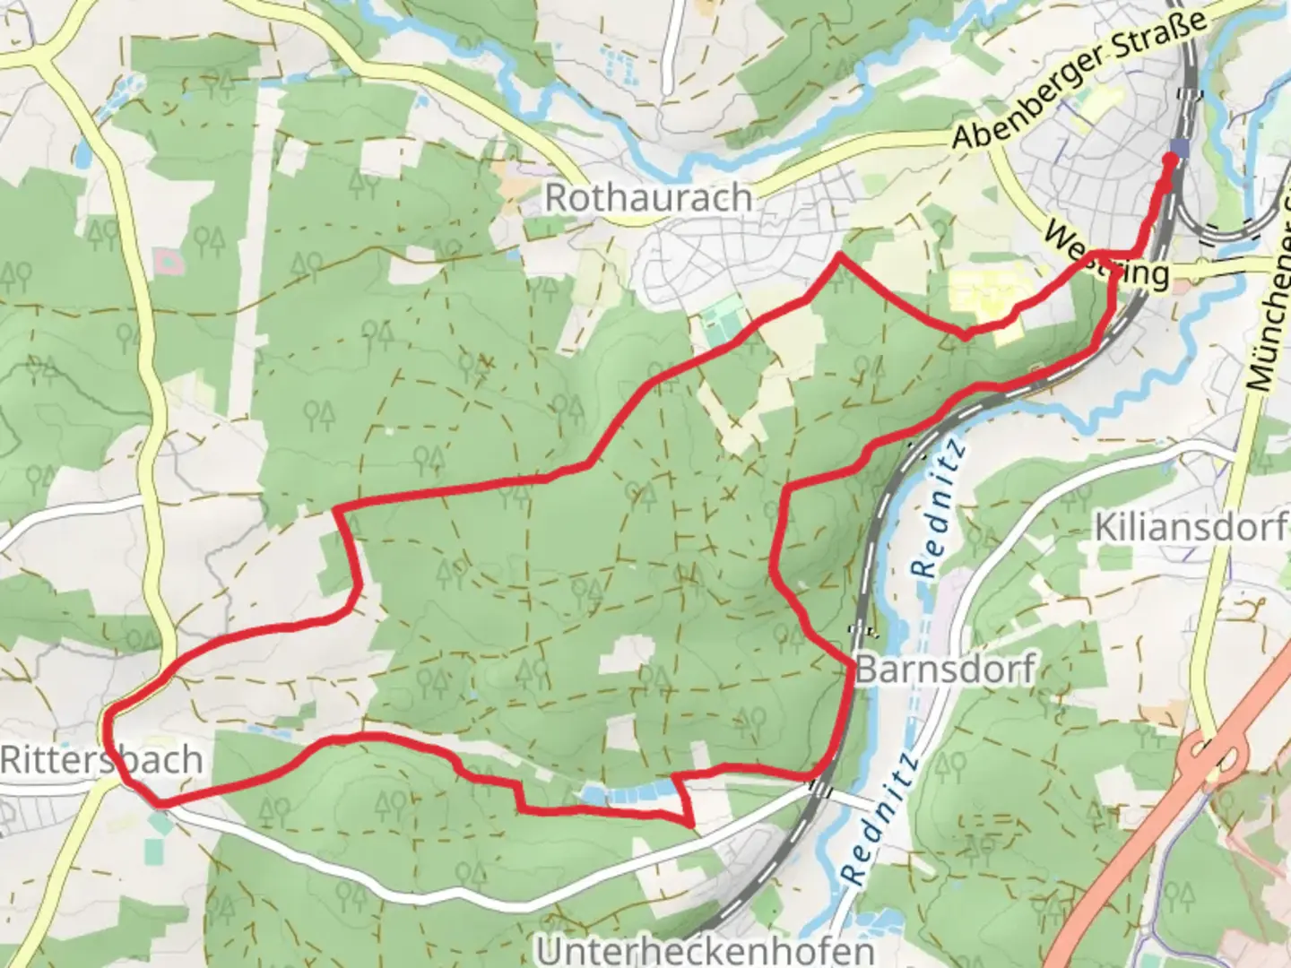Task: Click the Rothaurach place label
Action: point(647,198)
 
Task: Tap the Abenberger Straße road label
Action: point(1079,81)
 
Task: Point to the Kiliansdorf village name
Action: point(1191,527)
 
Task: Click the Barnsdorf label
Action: point(945,669)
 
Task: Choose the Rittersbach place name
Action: point(100,760)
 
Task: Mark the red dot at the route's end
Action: point(1169,160)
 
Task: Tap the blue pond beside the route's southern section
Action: point(628,791)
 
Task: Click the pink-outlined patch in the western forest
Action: point(168,262)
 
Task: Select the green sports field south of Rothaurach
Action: point(723,323)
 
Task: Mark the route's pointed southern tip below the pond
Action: point(690,823)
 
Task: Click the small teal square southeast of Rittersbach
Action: point(159,821)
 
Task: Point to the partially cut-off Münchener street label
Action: point(1269,296)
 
